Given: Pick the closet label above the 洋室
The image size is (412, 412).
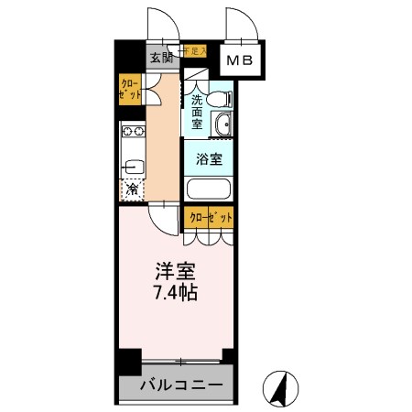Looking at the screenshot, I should [209, 218].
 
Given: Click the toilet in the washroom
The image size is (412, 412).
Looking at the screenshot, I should [219, 97].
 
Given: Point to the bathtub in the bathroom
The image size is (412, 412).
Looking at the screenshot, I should [208, 191].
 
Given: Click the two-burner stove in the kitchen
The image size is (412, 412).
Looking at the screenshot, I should [130, 136].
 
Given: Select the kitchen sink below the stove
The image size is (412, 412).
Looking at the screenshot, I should [129, 168].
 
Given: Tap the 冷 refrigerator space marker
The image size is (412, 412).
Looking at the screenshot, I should [132, 190].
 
